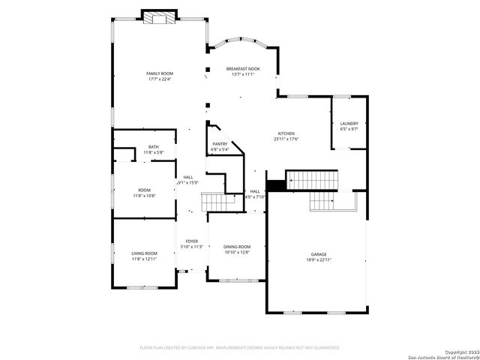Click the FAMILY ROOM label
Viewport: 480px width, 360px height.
click(159, 73)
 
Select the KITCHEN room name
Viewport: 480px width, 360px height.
click(286, 133)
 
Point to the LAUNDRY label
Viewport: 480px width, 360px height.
click(349, 124)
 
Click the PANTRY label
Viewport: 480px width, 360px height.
click(220, 144)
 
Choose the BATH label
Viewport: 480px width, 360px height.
click(154, 147)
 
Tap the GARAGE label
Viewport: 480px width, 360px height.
click(319, 254)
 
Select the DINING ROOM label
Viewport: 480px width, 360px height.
click(237, 247)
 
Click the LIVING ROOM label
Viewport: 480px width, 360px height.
click(144, 253)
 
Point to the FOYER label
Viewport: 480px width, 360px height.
click(192, 241)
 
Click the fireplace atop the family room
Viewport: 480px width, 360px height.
click(160, 19)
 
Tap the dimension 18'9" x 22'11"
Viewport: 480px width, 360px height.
click(319, 259)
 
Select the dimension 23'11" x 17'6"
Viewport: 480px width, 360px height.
click(286, 139)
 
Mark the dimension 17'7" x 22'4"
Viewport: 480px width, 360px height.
click(159, 79)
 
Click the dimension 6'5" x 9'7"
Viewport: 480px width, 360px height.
click(349, 129)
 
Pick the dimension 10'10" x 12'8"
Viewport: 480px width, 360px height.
click(237, 252)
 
